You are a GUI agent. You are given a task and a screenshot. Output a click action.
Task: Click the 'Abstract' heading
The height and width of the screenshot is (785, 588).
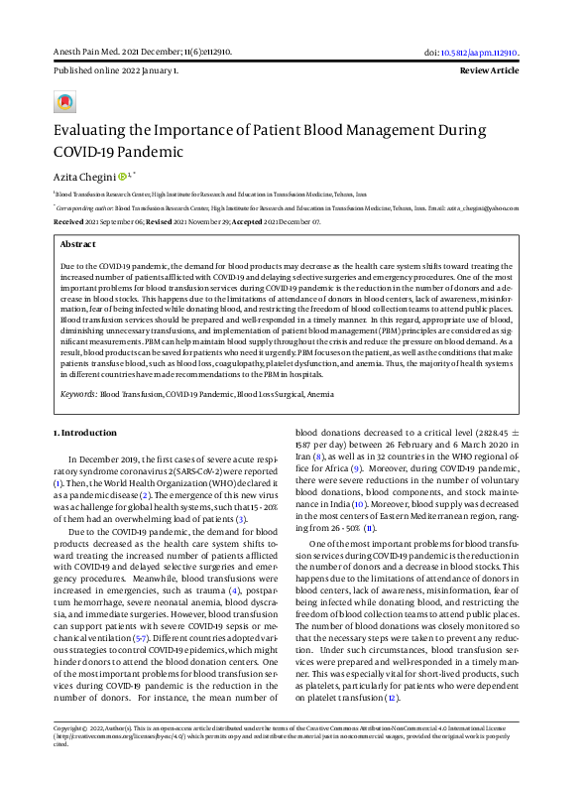pos(78,243)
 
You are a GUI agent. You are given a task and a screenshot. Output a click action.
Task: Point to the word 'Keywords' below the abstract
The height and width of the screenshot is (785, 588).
pos(78,394)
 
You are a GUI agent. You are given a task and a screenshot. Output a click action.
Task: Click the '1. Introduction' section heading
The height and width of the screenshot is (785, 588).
pos(84,433)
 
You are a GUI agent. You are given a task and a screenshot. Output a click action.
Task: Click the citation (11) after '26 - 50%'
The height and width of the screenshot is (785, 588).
pos(369,530)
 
